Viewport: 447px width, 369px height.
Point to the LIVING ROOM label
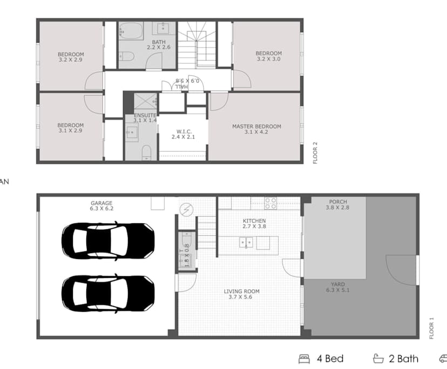242,294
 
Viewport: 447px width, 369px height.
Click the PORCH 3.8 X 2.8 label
338,206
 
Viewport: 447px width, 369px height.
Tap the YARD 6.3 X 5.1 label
338,288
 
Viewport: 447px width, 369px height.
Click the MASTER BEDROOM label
256,129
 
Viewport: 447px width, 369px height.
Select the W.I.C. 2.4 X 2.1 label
184,134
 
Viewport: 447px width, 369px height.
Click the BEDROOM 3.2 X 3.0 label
269,56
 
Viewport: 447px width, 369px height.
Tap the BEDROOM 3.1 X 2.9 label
71,128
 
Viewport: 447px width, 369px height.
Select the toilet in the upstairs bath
126,54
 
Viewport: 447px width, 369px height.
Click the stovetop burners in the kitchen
270,203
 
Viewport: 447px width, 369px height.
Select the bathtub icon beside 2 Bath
378,359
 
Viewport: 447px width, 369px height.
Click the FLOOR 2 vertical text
316,153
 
